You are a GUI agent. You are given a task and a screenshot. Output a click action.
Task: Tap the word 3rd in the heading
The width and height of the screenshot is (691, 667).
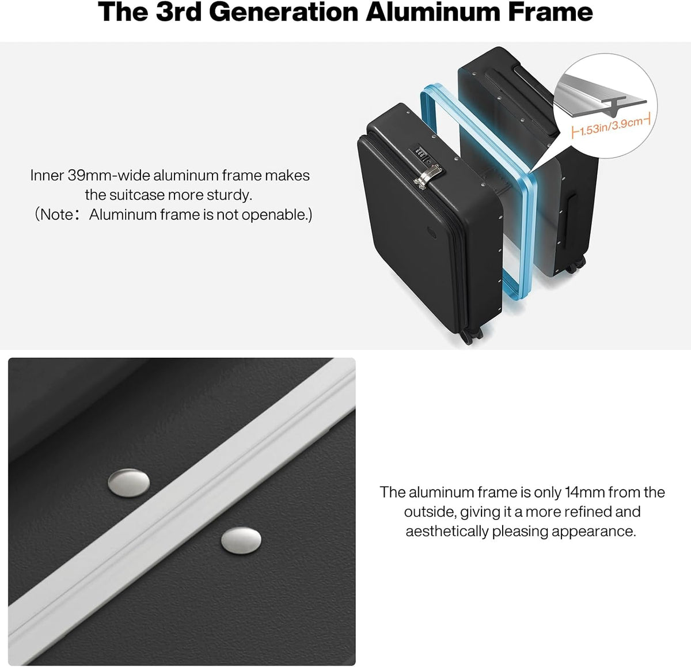click(x=179, y=12)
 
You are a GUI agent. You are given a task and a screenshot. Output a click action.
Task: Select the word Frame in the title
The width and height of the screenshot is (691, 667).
click(x=550, y=12)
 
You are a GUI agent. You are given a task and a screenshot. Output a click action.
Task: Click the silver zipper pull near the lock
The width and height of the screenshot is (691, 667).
click(x=429, y=176)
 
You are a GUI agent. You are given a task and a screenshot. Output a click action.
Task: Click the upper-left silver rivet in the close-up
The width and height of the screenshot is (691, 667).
click(x=128, y=482)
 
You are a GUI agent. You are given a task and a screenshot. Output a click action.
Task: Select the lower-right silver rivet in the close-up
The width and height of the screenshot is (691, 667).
click(x=241, y=540)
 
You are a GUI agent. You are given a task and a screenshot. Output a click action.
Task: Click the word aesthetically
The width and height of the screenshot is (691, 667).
click(x=447, y=532)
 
